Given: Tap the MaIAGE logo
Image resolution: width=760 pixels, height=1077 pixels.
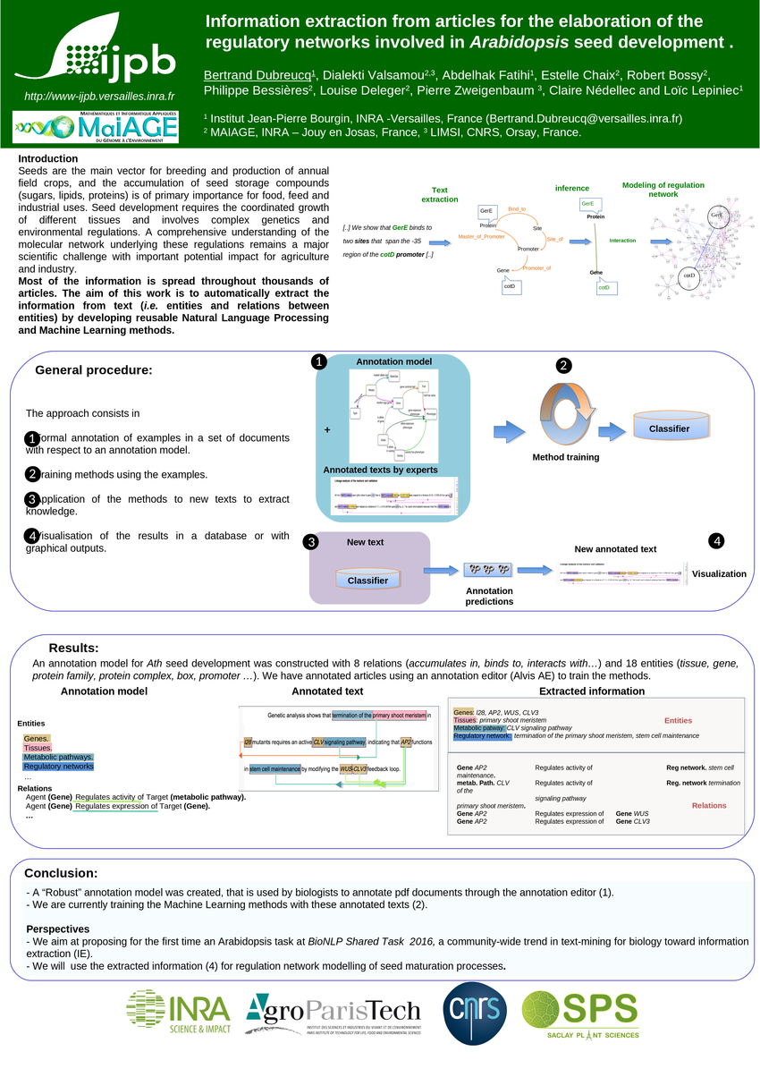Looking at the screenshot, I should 97,127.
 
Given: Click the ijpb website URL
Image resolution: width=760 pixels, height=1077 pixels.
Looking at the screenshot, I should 98,96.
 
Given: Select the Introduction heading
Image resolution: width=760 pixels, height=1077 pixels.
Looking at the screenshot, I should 48,159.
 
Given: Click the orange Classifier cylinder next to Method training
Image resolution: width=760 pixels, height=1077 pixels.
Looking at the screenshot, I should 669,428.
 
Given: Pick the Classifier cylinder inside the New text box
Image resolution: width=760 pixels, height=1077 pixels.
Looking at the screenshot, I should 367,580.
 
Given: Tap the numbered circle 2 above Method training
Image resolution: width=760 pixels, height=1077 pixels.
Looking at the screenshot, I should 563,366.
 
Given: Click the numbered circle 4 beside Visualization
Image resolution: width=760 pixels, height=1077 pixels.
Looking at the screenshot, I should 717,541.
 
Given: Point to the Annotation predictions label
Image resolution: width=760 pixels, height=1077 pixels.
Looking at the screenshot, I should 489,596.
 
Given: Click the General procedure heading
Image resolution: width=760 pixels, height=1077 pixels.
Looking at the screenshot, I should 93,370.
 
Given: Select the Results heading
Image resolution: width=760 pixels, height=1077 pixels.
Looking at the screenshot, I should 73,648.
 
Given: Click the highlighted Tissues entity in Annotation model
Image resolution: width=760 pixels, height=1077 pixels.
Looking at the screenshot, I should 38,748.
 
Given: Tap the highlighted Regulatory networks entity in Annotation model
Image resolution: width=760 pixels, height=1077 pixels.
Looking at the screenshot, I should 58,767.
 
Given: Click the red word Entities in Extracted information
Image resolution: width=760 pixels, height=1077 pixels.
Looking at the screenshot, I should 678,720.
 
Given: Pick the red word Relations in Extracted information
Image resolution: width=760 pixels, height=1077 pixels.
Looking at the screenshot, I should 709,805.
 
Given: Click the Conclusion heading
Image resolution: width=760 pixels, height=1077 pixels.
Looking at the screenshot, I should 61,873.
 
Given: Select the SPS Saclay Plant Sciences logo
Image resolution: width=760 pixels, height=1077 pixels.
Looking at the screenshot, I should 580,1014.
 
